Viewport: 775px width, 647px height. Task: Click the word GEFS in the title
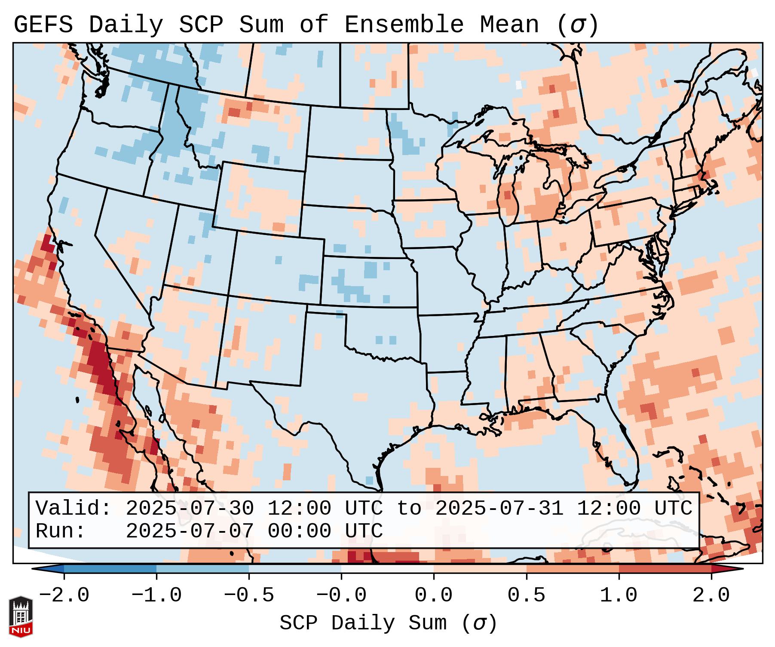(x=43, y=25)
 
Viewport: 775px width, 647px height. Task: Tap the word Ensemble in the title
(x=404, y=25)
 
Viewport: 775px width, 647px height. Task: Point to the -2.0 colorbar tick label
(x=64, y=595)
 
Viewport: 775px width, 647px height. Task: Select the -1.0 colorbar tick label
(x=156, y=595)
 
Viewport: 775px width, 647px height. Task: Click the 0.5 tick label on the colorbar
(x=526, y=595)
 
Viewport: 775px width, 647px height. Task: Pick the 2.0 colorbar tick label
(x=711, y=595)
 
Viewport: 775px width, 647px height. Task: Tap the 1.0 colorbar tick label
(x=619, y=595)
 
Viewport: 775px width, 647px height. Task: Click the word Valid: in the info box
(x=74, y=508)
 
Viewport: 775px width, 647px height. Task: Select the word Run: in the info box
(x=61, y=531)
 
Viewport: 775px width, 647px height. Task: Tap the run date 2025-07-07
(x=190, y=531)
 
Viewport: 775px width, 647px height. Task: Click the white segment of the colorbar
(x=387, y=569)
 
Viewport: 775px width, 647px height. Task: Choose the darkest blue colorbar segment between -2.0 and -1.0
(x=110, y=569)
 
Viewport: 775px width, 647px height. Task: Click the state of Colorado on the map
(x=277, y=266)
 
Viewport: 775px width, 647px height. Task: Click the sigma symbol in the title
(x=577, y=25)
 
